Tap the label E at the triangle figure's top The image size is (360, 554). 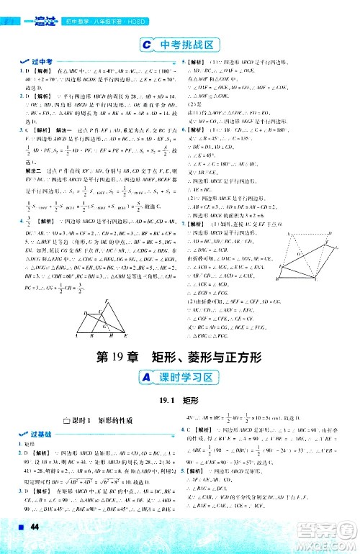click(109, 281)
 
